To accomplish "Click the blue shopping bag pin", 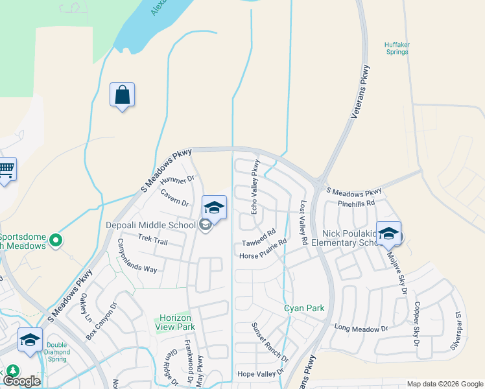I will tap(122, 95).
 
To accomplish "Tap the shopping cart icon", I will tap(6, 170).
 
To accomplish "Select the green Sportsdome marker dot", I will tap(55, 241).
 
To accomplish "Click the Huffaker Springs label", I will tap(397, 49).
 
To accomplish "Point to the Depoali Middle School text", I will tap(150, 226).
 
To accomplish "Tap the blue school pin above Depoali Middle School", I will tap(214, 207).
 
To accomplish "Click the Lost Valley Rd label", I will tap(303, 222).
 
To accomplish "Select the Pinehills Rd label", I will tap(357, 203).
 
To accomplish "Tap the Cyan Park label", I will tap(304, 309).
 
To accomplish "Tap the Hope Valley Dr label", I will tap(261, 373).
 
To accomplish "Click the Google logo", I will tap(22, 381).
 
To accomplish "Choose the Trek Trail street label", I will tap(153, 241).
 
